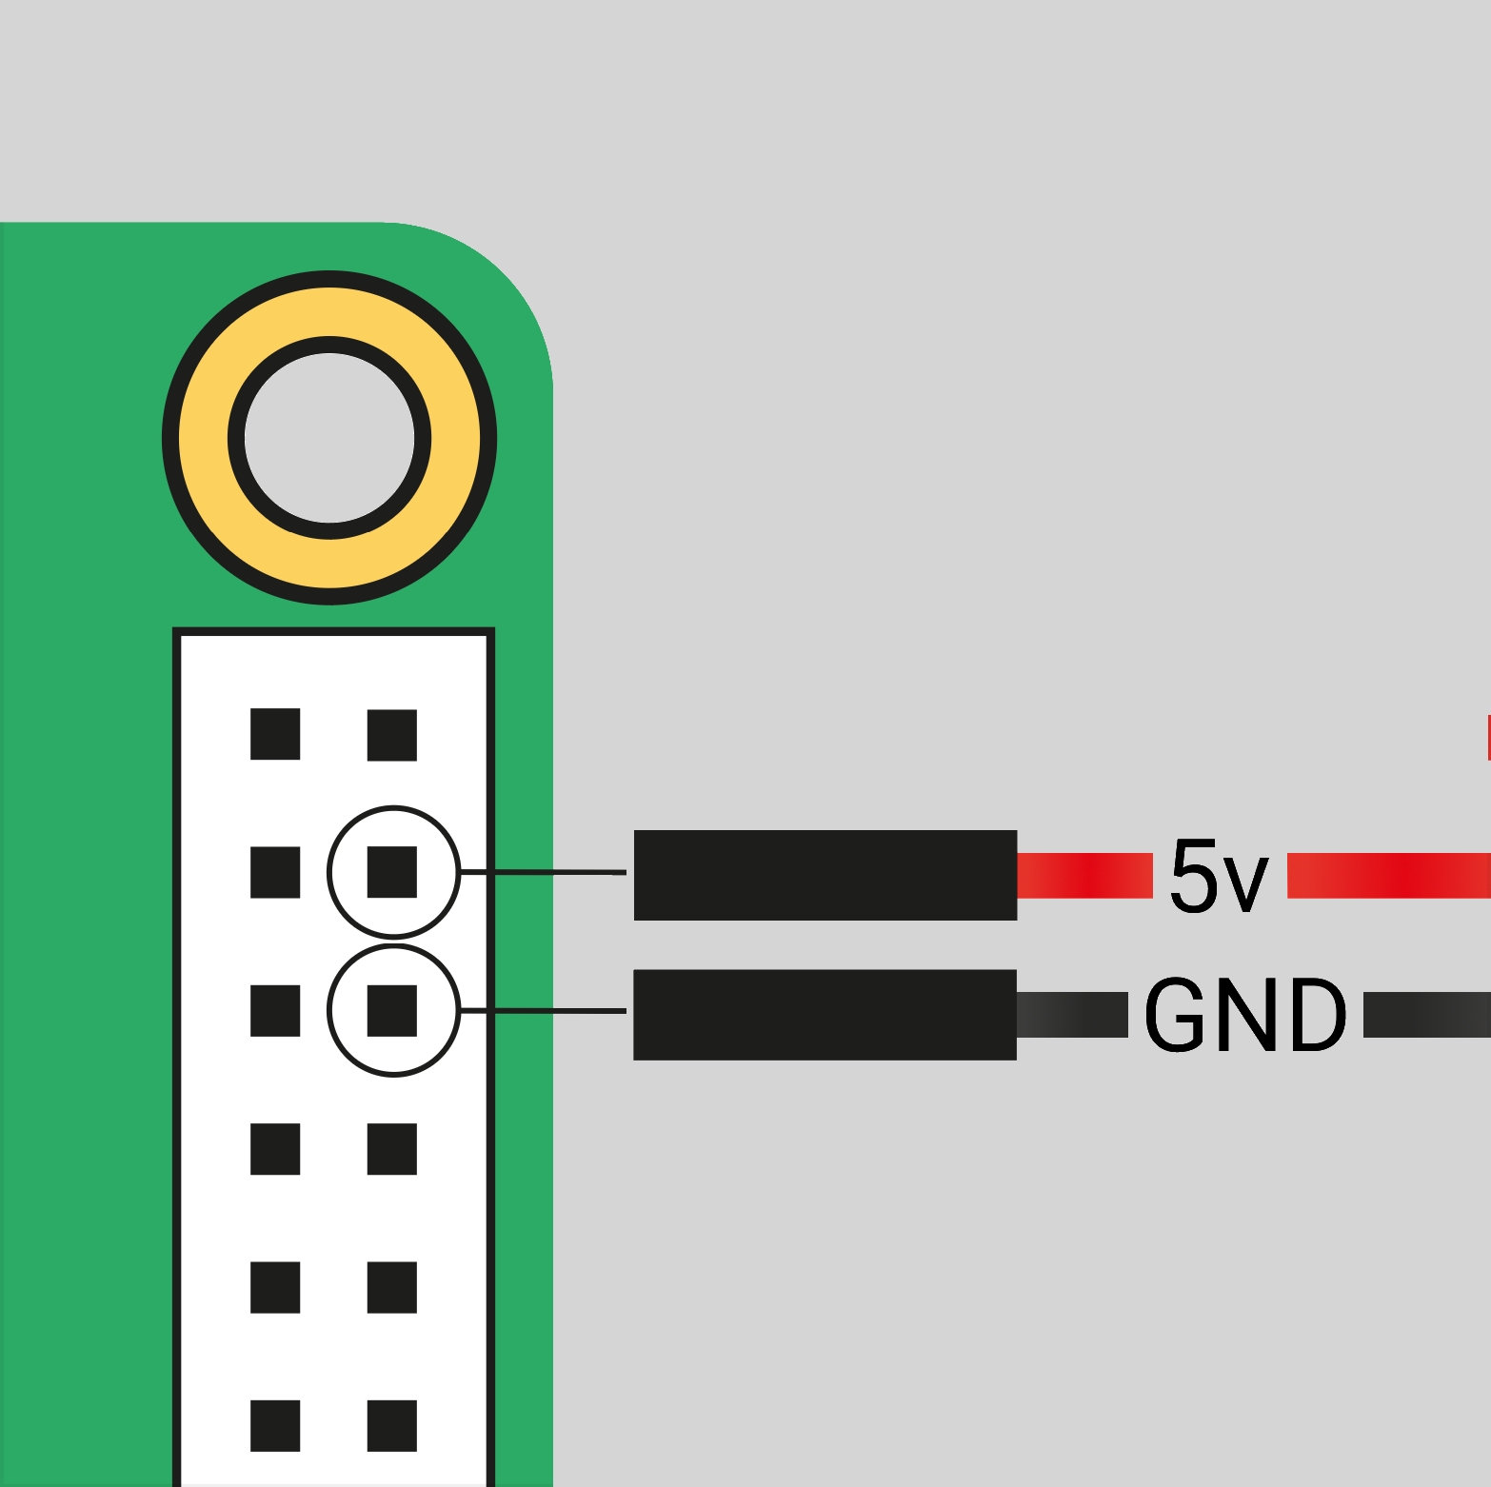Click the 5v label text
coord(1220,876)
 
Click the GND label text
coord(1245,1015)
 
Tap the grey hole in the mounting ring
coord(329,438)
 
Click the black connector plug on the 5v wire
coord(825,875)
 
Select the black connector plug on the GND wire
coord(825,1015)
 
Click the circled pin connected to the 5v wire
coord(392,872)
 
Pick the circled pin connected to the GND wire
coord(392,1011)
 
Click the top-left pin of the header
coord(275,734)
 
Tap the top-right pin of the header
coord(392,735)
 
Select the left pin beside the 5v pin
coord(275,872)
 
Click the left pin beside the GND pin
coord(275,1011)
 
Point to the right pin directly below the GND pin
coord(392,1149)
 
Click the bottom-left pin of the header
coord(275,1426)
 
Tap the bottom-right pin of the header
coord(392,1426)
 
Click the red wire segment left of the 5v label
coord(1085,876)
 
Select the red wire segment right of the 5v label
coord(1389,876)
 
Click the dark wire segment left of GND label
coord(1073,1015)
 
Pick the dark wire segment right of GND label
coord(1427,1015)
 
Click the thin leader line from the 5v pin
coord(543,872)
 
